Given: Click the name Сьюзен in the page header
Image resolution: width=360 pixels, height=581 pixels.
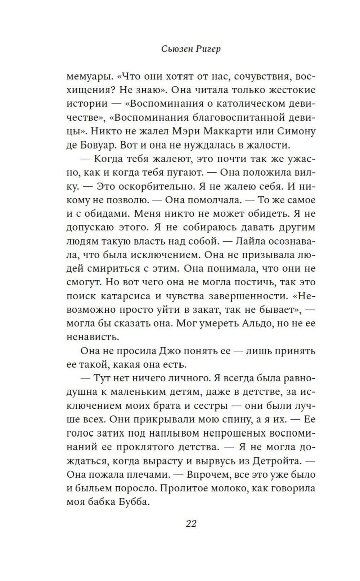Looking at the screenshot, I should tap(177, 49).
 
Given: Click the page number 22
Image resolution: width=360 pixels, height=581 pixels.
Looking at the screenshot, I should tap(191, 524).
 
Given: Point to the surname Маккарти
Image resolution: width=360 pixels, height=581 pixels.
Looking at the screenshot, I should tap(231, 131).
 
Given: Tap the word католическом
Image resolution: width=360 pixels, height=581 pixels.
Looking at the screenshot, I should tap(251, 104).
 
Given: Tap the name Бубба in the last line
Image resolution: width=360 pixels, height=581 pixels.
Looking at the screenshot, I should tap(133, 502).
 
